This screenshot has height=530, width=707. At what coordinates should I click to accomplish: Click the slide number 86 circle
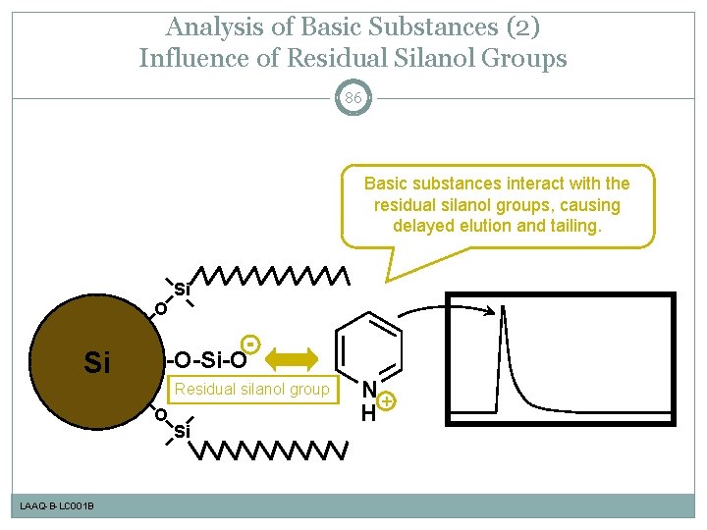(353, 97)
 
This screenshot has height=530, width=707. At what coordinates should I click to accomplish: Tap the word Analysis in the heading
(210, 26)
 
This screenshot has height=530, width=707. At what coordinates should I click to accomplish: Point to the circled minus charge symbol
(251, 345)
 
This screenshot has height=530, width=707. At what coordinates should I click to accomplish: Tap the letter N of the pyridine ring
(368, 390)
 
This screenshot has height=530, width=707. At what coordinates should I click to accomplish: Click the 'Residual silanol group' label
(252, 390)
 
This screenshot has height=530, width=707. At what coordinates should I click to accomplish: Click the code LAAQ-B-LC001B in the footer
(57, 505)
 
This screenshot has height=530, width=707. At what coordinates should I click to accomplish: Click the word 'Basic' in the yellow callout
(387, 184)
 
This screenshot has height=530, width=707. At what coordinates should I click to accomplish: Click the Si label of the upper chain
(182, 289)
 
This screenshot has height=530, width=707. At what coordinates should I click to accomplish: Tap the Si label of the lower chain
(182, 432)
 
